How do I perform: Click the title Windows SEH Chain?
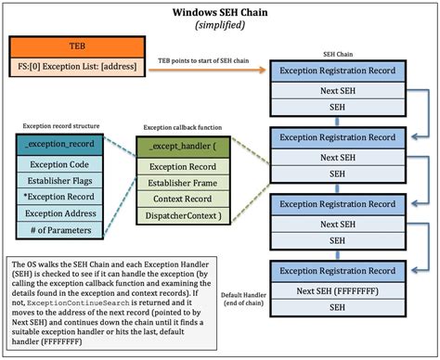coord(220,13)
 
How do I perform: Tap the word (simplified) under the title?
coord(220,26)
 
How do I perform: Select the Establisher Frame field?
coord(180,183)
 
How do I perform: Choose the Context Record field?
coord(180,199)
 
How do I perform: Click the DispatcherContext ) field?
coord(180,216)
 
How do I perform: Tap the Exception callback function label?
coord(180,126)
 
